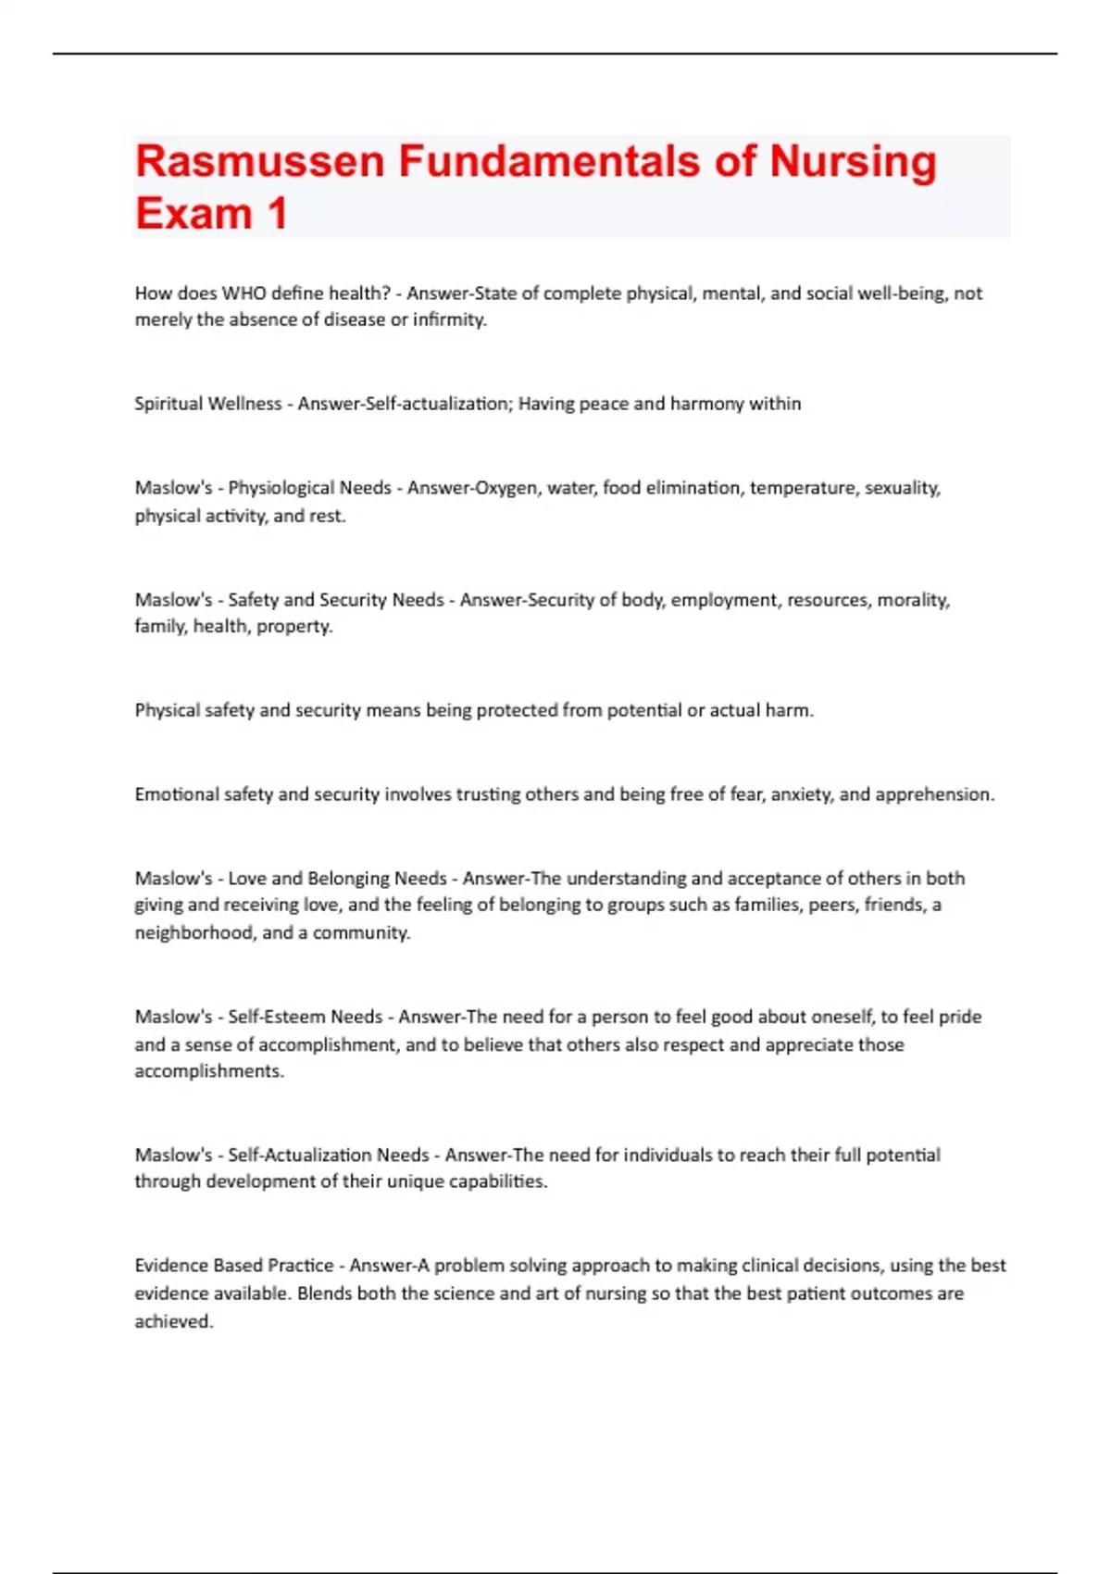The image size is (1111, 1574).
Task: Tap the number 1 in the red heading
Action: coord(277,214)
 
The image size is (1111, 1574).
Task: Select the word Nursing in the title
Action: coord(853,161)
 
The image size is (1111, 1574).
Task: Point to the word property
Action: coord(293,627)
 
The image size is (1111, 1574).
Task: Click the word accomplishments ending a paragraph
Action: coord(209,1071)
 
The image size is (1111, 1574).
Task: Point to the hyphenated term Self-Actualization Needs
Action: coord(329,1156)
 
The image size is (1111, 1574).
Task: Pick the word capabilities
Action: coord(497,1182)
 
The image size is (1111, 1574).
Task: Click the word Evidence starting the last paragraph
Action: coord(171,1266)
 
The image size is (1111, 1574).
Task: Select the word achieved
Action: coord(173,1322)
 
